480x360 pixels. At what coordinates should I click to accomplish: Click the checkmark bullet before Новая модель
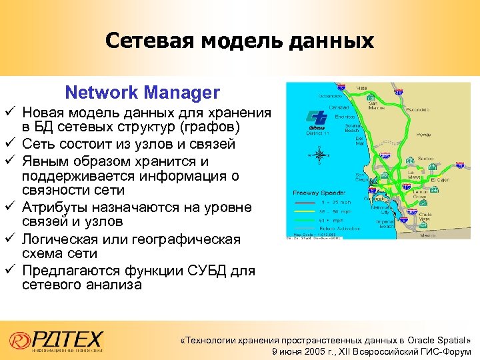click(8, 111)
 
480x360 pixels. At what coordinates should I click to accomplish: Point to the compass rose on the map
click(319, 155)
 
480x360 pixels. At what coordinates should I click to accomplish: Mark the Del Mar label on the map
click(361, 140)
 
